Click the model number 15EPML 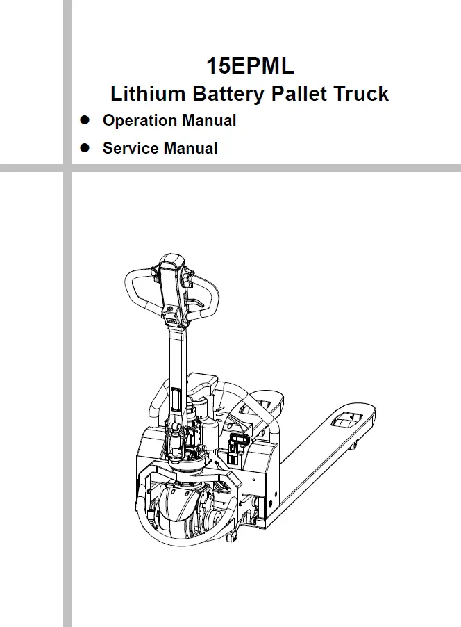click(250, 66)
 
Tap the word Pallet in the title click(298, 94)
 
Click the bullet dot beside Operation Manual click(86, 120)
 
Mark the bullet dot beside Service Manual click(86, 147)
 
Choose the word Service click(131, 148)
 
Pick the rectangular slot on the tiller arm click(173, 401)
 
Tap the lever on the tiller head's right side click(198, 304)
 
